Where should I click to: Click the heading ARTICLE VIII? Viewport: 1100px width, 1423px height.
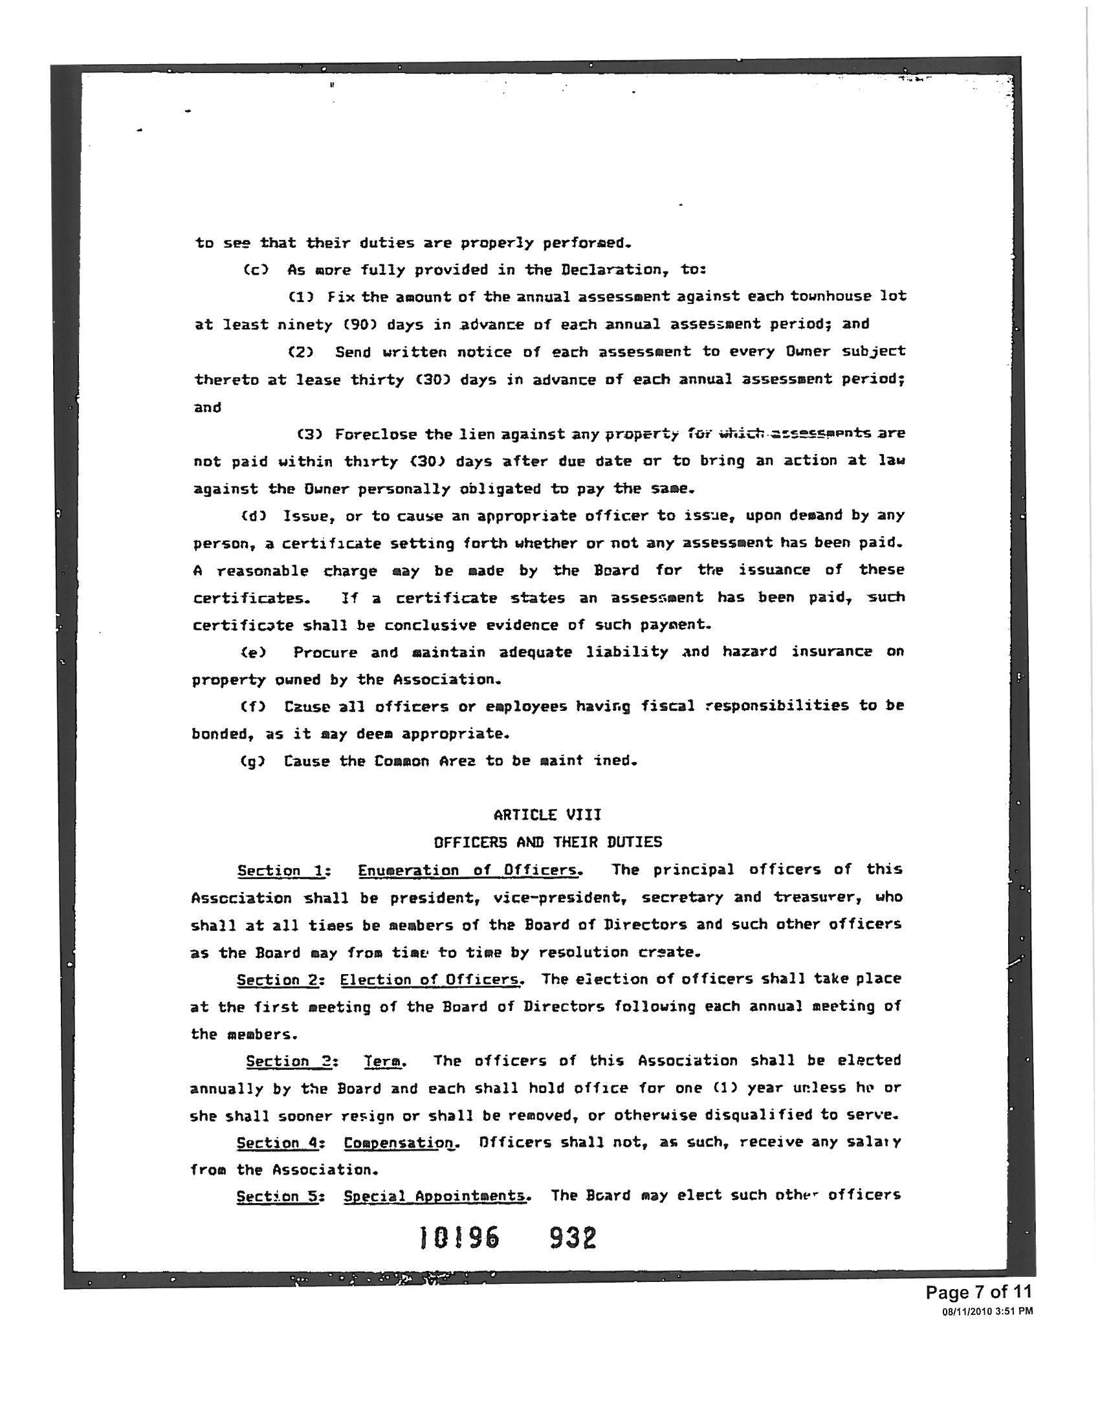(547, 815)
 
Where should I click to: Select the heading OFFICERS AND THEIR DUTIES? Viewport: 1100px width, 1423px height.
(547, 842)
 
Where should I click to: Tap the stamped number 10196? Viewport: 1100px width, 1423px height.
(459, 1237)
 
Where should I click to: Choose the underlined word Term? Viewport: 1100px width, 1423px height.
(383, 1061)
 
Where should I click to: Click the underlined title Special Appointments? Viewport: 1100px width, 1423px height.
(435, 1196)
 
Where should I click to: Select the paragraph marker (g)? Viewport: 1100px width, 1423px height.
(253, 761)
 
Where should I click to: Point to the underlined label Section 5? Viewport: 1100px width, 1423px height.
(280, 1196)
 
